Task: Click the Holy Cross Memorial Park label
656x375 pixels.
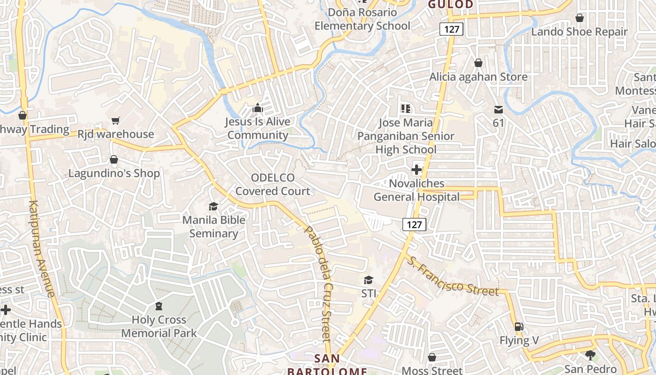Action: (x=159, y=327)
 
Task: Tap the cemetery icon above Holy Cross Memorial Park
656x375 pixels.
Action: (x=159, y=307)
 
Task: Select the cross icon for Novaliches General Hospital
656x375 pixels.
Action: (x=416, y=170)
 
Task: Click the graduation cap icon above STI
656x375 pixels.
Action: (x=369, y=280)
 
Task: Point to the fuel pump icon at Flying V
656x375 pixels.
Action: (x=519, y=327)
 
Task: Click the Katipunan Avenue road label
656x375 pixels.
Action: (x=42, y=248)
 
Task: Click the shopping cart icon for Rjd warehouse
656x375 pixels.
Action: (x=116, y=121)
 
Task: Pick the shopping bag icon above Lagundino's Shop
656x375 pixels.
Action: (x=113, y=160)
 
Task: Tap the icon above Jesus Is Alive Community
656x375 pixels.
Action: (x=257, y=108)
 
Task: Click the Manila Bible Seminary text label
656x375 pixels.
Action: (x=214, y=226)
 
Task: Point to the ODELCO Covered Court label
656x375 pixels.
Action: (x=273, y=184)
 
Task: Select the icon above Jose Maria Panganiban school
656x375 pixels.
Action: (x=406, y=109)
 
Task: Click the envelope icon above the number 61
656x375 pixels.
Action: (x=498, y=110)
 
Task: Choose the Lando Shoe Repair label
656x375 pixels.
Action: (x=579, y=32)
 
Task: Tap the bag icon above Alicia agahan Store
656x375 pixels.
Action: (x=478, y=63)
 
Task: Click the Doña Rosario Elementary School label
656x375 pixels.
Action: (x=362, y=19)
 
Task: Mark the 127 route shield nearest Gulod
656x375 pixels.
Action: (x=452, y=29)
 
